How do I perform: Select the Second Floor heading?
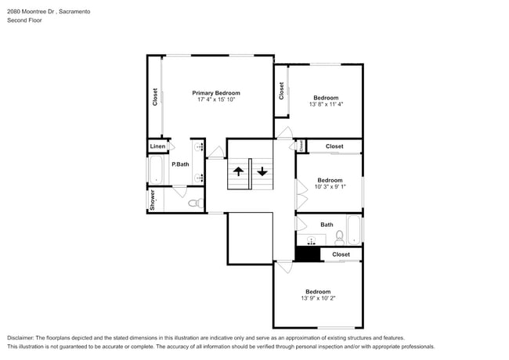(25, 21)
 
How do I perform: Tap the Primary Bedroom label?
(215, 92)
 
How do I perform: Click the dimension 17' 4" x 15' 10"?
(215, 100)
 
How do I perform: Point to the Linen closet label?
(157, 146)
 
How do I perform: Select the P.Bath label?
(180, 164)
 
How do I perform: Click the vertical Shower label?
(153, 200)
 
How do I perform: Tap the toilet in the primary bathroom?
(193, 203)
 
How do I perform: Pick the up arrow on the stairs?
(238, 171)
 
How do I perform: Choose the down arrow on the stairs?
(262, 171)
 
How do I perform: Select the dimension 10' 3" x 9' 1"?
(330, 187)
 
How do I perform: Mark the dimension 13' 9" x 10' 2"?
(318, 298)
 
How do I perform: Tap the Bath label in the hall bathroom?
(326, 225)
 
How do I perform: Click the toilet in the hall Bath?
(340, 236)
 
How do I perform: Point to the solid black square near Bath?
(308, 254)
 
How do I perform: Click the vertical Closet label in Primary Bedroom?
(155, 97)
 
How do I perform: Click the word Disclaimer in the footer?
(23, 338)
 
